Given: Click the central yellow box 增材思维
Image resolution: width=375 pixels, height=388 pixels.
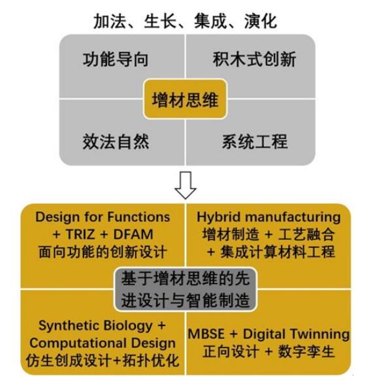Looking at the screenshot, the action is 185,99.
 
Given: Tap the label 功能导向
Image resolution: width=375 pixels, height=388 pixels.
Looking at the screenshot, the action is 116,59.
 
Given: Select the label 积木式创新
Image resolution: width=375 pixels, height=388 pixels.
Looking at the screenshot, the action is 255,59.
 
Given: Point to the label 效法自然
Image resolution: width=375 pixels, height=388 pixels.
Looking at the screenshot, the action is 116,142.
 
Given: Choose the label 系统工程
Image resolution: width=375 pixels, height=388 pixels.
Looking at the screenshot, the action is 255,142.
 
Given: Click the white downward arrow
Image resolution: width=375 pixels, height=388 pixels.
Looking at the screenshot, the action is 186,185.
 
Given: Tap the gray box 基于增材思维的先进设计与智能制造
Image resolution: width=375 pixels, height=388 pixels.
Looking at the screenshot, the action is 186,290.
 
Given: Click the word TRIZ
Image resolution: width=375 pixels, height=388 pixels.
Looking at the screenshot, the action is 80,234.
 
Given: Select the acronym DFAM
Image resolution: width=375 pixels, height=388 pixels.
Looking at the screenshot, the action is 133,234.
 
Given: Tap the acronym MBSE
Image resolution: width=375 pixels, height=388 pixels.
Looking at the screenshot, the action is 206,334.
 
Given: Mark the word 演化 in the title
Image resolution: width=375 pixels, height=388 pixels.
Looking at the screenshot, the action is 261,22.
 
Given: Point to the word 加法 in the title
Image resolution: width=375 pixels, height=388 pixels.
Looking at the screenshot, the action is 110,22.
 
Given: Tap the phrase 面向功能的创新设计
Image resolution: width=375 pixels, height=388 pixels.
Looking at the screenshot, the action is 103,252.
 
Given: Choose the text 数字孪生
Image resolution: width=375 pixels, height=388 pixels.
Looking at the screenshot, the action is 306,351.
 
